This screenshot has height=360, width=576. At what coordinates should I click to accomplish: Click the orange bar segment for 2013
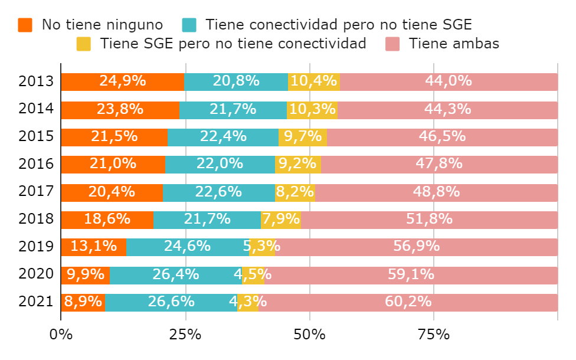click(x=122, y=81)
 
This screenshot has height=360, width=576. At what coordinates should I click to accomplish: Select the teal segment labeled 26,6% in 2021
click(x=171, y=302)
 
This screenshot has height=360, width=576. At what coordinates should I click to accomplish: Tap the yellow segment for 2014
click(x=312, y=109)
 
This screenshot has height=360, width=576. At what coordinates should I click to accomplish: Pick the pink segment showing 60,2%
click(x=408, y=302)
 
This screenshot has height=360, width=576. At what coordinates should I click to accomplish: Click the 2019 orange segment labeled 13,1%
click(x=93, y=247)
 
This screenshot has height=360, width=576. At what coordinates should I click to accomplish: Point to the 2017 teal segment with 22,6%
click(x=218, y=192)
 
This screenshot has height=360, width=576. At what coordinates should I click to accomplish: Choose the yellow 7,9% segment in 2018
click(x=281, y=220)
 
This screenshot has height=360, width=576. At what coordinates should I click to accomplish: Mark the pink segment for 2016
click(x=439, y=164)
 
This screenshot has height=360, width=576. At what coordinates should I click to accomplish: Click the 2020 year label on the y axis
click(x=37, y=274)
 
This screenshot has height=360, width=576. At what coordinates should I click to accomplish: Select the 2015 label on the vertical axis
click(x=37, y=137)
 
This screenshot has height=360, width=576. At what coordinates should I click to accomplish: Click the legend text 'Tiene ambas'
click(x=454, y=44)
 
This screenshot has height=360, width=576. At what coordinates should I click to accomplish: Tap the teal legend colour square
click(x=189, y=25)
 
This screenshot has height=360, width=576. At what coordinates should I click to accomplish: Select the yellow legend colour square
click(x=84, y=44)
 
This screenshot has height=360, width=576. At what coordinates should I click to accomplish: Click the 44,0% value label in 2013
click(x=449, y=81)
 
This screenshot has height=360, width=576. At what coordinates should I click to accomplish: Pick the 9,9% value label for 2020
click(x=86, y=274)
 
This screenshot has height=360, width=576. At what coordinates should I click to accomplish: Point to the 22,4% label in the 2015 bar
click(x=223, y=137)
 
